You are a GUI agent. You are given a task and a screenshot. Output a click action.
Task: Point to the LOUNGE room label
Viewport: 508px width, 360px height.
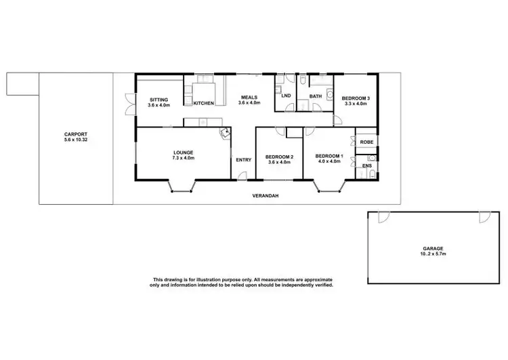point(183,153)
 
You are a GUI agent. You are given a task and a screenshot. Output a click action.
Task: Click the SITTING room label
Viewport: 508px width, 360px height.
point(159,100)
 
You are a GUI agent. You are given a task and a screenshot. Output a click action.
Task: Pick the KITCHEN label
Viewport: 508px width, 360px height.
point(204,103)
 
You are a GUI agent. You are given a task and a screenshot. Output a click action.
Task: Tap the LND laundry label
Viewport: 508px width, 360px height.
point(286,96)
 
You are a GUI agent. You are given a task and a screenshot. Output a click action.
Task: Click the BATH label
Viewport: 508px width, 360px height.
point(316,96)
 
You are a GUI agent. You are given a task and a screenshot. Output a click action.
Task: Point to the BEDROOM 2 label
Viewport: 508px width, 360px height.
point(280,157)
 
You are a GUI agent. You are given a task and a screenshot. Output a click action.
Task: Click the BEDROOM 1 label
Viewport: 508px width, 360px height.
point(329,157)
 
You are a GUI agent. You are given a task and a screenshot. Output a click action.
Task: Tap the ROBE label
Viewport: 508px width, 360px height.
point(366,142)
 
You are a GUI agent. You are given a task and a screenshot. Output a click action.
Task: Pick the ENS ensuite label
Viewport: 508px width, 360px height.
point(366,165)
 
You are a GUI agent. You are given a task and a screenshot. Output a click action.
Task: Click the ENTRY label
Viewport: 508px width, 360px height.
point(243,160)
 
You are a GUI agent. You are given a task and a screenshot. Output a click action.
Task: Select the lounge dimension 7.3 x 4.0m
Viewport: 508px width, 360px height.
point(183,158)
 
